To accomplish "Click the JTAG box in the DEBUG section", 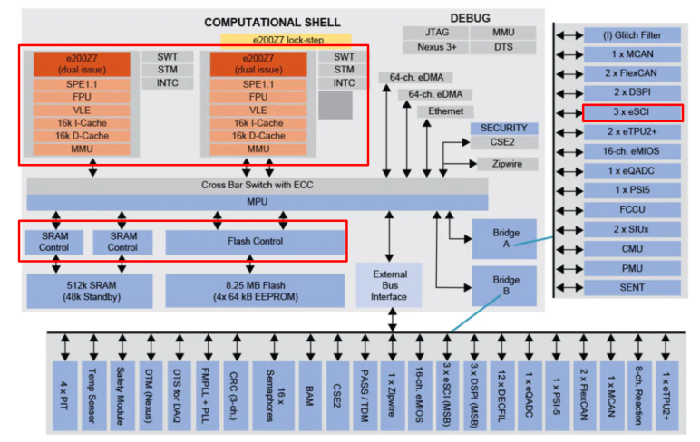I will [x=430, y=33].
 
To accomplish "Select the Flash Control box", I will [x=254, y=242].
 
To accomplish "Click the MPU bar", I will [x=258, y=201].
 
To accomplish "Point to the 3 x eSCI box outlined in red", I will [x=632, y=112].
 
